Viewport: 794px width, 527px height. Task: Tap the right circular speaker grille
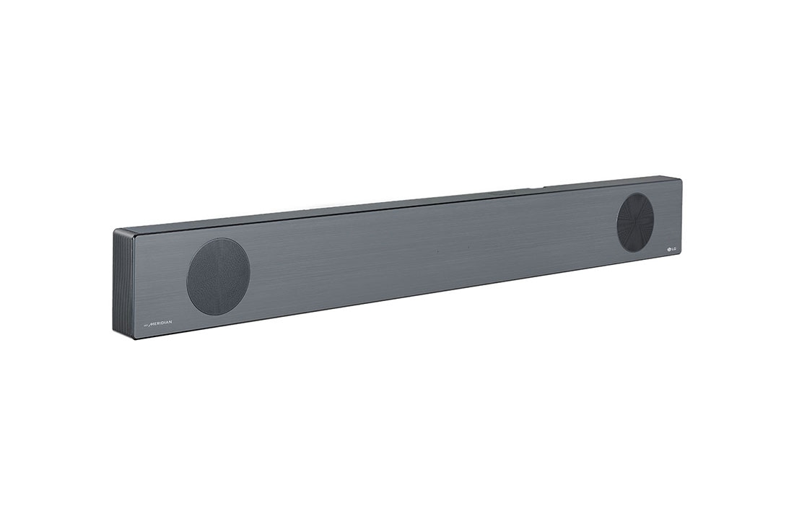coord(635,222)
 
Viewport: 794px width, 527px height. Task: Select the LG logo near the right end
coord(671,249)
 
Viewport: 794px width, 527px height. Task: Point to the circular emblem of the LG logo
coord(668,250)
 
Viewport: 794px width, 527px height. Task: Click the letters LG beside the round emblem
coord(674,248)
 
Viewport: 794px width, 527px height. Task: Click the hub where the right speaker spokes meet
coord(635,222)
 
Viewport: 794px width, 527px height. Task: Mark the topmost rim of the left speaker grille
coord(219,238)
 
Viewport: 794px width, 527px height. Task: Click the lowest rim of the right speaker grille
coord(635,252)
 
